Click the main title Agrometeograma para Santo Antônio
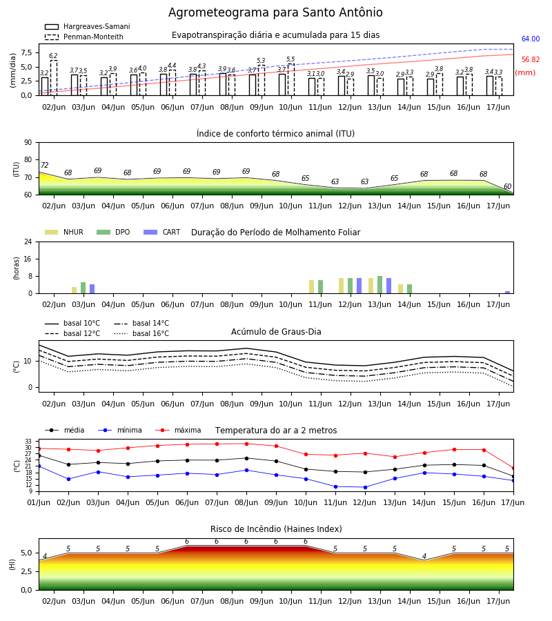[275, 12]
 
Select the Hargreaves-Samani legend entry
[87, 26]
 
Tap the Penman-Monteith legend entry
[84, 37]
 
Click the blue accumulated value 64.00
[531, 39]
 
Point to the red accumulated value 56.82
[531, 60]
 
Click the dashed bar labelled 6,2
[54, 77]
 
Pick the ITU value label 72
[45, 165]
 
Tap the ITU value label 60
[507, 186]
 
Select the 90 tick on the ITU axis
[28, 143]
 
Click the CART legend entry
[162, 232]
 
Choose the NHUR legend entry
[64, 232]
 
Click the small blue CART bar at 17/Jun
[508, 293]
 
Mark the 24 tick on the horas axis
[28, 241]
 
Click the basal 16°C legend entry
[141, 333]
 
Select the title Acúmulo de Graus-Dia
[276, 331]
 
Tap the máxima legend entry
[179, 430]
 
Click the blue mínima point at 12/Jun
[365, 488]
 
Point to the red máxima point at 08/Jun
[247, 444]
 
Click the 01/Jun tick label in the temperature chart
[39, 502]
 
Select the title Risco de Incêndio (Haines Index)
[276, 529]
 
